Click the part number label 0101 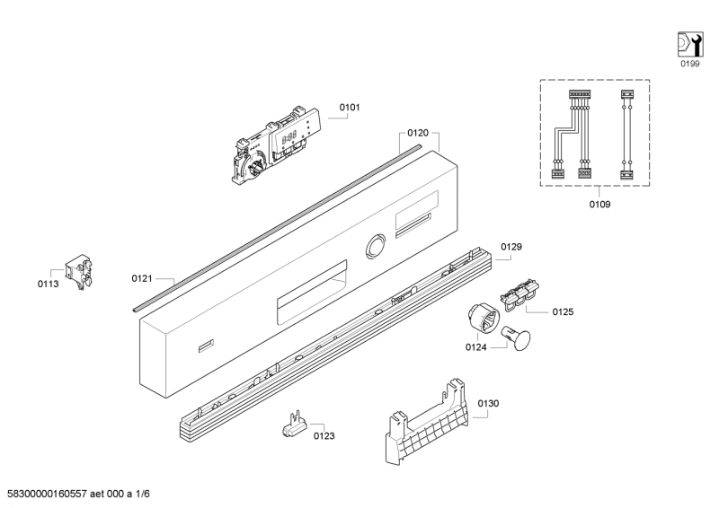pyautogui.click(x=350, y=107)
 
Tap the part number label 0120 pyautogui.click(x=418, y=133)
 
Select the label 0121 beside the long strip pyautogui.click(x=142, y=278)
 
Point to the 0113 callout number pyautogui.click(x=49, y=284)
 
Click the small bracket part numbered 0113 pyautogui.click(x=80, y=272)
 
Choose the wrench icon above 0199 pyautogui.click(x=690, y=45)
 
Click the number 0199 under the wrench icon pyautogui.click(x=690, y=64)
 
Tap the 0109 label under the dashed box pyautogui.click(x=599, y=205)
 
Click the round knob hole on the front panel pyautogui.click(x=377, y=246)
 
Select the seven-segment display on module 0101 pyautogui.click(x=288, y=137)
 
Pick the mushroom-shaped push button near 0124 pyautogui.click(x=516, y=338)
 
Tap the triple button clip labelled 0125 pyautogui.click(x=519, y=294)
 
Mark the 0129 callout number pyautogui.click(x=511, y=247)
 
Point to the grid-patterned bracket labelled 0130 pyautogui.click(x=426, y=423)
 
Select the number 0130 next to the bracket pyautogui.click(x=488, y=404)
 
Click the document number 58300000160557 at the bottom pyautogui.click(x=48, y=494)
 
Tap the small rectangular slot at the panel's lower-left pyautogui.click(x=207, y=346)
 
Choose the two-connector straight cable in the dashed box pyautogui.click(x=626, y=135)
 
